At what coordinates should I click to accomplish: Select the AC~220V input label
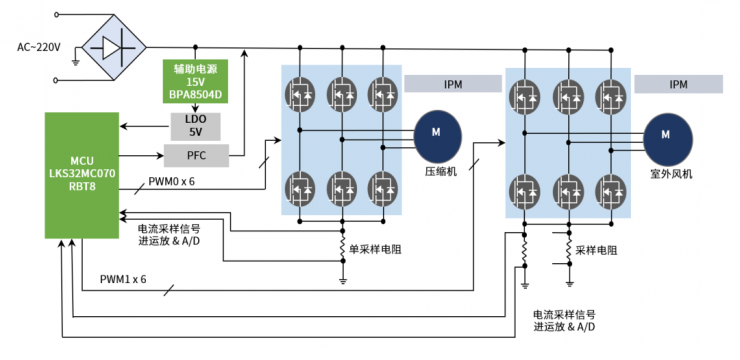tap(39, 47)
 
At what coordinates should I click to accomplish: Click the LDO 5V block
tap(195, 125)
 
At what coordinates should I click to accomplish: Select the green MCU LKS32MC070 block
tap(82, 175)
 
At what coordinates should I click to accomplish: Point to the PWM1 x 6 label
tap(123, 278)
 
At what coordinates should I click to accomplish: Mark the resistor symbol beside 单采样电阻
tap(343, 246)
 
